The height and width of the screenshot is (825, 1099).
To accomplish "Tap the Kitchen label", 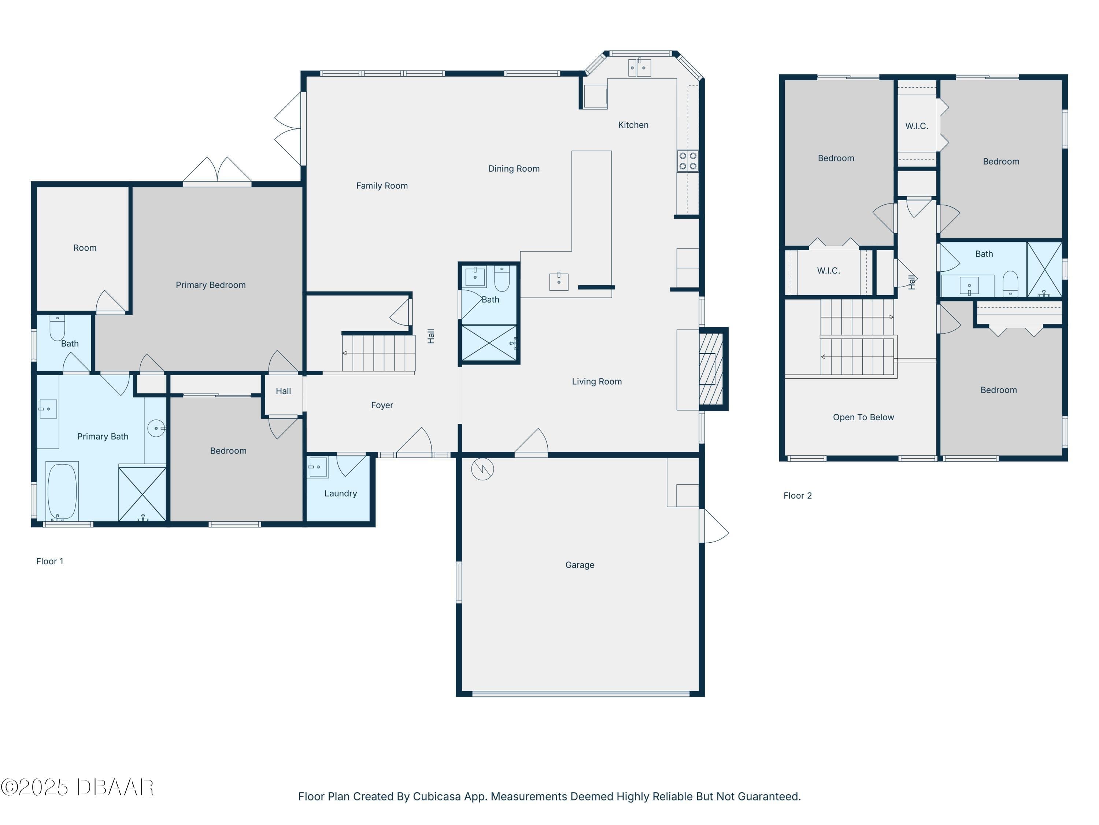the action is [633, 125].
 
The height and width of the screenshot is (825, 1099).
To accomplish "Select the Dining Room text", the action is [514, 169].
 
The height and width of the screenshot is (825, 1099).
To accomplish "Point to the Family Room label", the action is [382, 186].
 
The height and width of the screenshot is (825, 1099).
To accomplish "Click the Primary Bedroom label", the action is [211, 285].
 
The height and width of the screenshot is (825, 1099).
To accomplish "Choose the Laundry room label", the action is [340, 493].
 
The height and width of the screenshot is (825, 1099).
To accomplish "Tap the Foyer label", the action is [382, 405].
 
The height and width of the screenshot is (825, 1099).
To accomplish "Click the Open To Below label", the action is [863, 417].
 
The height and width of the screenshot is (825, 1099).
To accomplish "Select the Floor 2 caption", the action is [798, 495].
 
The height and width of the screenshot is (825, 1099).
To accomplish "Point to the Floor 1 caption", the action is [50, 561].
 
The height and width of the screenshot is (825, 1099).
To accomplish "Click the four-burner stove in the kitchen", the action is [688, 161].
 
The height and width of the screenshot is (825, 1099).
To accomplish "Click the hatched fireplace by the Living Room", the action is [712, 369].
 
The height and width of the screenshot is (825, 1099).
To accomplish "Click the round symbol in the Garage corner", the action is [482, 469].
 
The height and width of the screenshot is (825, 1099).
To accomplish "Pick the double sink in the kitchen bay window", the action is [639, 67].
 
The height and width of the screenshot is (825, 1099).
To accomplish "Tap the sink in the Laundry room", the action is [318, 467].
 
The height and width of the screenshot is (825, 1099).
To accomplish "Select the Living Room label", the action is [597, 381].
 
